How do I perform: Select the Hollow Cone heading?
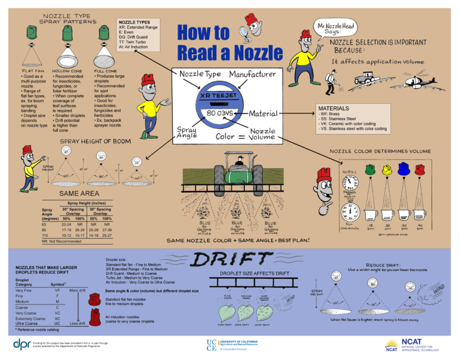pyautogui.click(x=67, y=70)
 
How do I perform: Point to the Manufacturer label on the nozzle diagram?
pyautogui.click(x=253, y=75)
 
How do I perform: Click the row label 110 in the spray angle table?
pyautogui.click(x=45, y=236)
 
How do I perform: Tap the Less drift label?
pyautogui.click(x=77, y=323)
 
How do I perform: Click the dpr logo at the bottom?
pyautogui.click(x=25, y=344)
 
